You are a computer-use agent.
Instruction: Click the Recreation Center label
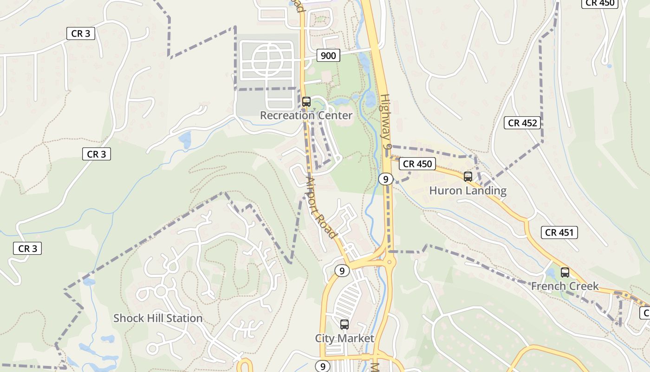[306, 115]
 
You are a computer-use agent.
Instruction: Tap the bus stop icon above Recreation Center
[306, 101]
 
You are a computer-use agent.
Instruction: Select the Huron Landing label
[468, 191]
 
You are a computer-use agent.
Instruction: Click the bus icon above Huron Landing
[468, 177]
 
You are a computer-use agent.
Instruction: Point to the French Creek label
[565, 286]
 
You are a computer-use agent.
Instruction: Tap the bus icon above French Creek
[565, 272]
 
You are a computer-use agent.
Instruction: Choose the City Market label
[344, 339]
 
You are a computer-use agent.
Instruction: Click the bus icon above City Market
[344, 325]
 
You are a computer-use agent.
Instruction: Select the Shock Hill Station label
[158, 319]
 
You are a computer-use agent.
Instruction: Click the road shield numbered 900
[328, 56]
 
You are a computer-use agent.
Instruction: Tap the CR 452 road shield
[522, 123]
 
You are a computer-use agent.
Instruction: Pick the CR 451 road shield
[559, 232]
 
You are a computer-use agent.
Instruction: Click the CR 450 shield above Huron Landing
[417, 164]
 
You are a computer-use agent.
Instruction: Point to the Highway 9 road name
[386, 121]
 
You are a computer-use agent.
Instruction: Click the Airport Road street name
[320, 207]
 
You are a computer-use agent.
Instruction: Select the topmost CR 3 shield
[81, 33]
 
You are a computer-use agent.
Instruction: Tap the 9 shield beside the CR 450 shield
[385, 179]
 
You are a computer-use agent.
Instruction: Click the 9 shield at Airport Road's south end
[342, 271]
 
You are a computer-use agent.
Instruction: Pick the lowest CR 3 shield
[27, 249]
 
